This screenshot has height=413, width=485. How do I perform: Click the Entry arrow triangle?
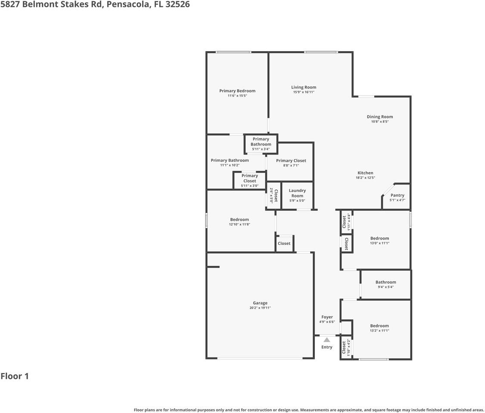pyautogui.click(x=327, y=340)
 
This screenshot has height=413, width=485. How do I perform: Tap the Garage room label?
pyautogui.click(x=260, y=303)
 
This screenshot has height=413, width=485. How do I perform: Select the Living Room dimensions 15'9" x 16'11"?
pyautogui.click(x=304, y=92)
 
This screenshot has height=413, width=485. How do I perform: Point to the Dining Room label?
pyautogui.click(x=380, y=117)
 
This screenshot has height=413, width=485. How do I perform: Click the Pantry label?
pyautogui.click(x=397, y=195)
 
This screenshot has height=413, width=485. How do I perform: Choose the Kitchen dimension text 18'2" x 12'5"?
pyautogui.click(x=365, y=178)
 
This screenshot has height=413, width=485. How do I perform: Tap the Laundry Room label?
pyautogui.click(x=297, y=193)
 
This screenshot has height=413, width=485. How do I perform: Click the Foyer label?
pyautogui.click(x=327, y=317)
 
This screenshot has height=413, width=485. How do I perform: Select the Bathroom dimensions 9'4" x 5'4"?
pyautogui.click(x=386, y=287)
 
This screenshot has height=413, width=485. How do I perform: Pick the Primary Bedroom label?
pyautogui.click(x=237, y=91)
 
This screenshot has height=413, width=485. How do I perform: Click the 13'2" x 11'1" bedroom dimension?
pyautogui.click(x=379, y=330)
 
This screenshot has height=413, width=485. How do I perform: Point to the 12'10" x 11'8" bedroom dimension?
pyautogui.click(x=239, y=224)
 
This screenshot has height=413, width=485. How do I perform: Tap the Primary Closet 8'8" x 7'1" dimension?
pyautogui.click(x=291, y=165)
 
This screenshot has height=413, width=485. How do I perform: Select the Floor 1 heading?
pyautogui.click(x=15, y=376)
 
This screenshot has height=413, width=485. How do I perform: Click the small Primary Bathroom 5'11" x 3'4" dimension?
pyautogui.click(x=261, y=149)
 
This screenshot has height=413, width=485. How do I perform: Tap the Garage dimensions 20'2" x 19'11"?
pyautogui.click(x=260, y=308)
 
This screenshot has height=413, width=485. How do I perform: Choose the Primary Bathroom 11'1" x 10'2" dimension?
pyautogui.click(x=230, y=165)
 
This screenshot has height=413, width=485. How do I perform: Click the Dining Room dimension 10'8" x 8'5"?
pyautogui.click(x=380, y=121)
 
